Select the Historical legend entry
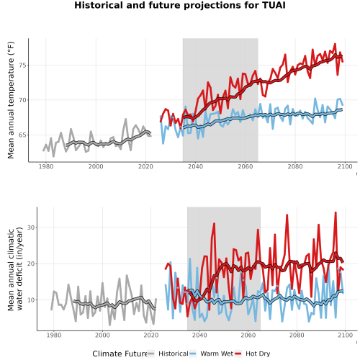pyautogui.click(x=168, y=354)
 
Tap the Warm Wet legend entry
pyautogui.click(x=211, y=354)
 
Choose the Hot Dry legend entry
pyautogui.click(x=253, y=354)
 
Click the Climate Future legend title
pyautogui.click(x=120, y=354)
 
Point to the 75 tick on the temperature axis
pyautogui.click(x=22, y=66)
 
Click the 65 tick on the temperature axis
pyautogui.click(x=22, y=135)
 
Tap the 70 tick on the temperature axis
pyautogui.click(x=22, y=100)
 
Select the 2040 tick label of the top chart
pyautogui.click(x=195, y=166)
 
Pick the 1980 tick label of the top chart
pyautogui.click(x=46, y=166)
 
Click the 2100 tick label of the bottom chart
pyautogui.click(x=345, y=335)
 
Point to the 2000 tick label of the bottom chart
pyautogui.click(x=102, y=335)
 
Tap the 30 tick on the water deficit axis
pyautogui.click(x=31, y=228)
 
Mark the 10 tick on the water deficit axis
pyautogui.click(x=31, y=300)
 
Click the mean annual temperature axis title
pyautogui.click(x=11, y=100)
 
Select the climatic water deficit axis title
pyautogui.click(x=15, y=269)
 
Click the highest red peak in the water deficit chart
pyautogui.click(x=336, y=212)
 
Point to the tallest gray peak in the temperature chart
pyautogui.click(x=126, y=119)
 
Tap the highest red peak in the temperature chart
pyautogui.click(x=335, y=44)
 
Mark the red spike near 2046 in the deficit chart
pyautogui.click(x=214, y=223)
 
